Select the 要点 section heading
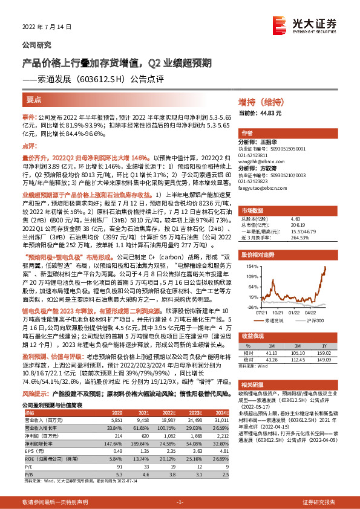(x=34, y=100)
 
